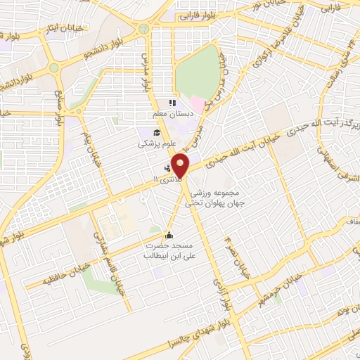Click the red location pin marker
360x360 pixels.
[181, 166]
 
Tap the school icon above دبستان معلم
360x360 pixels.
[172, 103]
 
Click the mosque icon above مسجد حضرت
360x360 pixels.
[168, 235]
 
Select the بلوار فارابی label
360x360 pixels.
[199, 14]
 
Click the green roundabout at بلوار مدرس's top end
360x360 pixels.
[144, 29]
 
